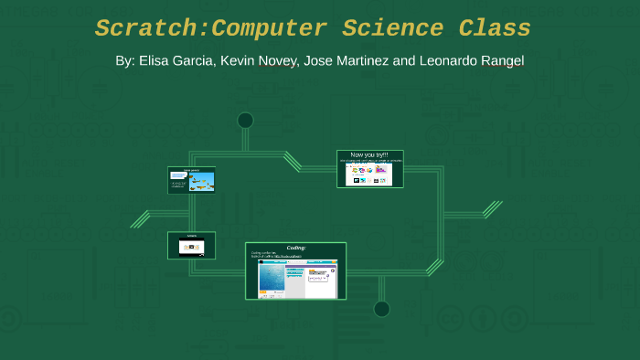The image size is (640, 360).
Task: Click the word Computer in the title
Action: point(268,29)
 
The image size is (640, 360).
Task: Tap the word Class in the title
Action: point(495,29)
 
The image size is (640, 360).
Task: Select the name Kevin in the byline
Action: point(239,61)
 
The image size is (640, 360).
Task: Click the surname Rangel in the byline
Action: point(502,61)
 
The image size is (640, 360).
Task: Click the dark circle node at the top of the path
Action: point(245,120)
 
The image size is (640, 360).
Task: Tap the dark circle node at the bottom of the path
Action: point(381,309)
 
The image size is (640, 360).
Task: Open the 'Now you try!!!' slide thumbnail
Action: point(369,169)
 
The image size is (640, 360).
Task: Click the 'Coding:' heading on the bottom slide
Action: point(296,248)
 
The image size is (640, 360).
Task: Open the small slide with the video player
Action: point(191,245)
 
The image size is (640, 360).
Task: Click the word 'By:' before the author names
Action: point(125,61)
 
